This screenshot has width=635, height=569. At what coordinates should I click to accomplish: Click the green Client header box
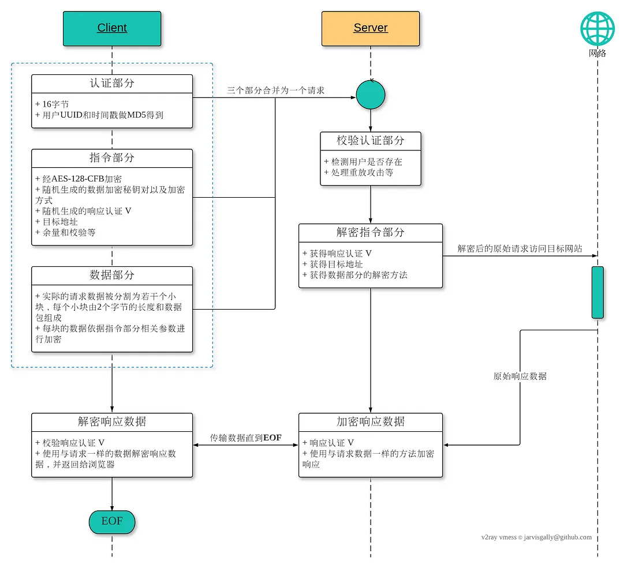pos(112,28)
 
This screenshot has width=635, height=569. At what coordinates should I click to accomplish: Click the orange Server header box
pos(370,28)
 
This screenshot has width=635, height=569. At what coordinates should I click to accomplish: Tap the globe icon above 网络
pos(597,29)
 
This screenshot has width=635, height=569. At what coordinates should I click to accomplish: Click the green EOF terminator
pos(112,521)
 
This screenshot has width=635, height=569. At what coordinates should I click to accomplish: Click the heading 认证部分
pos(112,83)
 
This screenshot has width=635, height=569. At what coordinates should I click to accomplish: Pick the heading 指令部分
pos(112,158)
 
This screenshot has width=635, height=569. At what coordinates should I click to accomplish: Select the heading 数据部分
pos(112,275)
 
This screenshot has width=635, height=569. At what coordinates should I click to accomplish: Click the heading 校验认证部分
pos(371,141)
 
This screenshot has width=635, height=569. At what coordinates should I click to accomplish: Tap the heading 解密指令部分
pos(371,232)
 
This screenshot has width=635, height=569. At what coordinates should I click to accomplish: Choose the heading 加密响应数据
pos(371,421)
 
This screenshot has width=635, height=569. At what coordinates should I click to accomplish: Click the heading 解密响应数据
pos(112,421)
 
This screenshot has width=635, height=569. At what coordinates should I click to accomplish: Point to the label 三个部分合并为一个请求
pos(276,91)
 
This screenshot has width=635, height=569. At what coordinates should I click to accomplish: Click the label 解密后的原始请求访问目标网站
pos(520,249)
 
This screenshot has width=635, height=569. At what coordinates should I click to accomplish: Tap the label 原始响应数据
pos(520,376)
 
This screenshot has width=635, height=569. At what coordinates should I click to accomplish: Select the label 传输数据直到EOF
pos(246,438)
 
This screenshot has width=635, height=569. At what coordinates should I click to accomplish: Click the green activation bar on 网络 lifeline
pos(597,292)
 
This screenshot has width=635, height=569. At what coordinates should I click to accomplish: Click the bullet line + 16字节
pos(52,104)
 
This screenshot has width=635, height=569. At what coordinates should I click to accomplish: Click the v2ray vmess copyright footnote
pos(536,537)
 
